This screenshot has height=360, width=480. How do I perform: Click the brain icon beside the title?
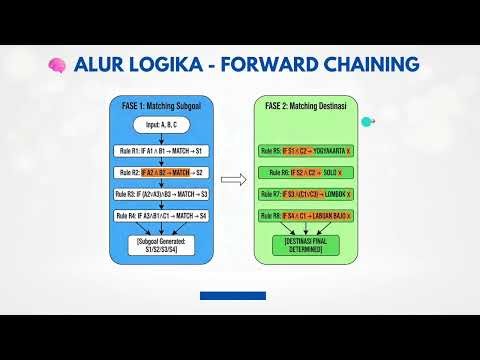click(56, 66)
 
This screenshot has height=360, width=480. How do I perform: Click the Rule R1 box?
click(162, 151)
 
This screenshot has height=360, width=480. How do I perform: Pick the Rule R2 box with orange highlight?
click(162, 172)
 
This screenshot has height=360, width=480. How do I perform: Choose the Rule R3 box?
click(162, 194)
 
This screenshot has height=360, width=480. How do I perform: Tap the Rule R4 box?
click(162, 215)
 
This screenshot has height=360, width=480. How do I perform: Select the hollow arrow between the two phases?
click(233, 181)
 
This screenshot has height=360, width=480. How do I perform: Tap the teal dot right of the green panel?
click(367, 122)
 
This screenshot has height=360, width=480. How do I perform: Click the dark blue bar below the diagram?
click(233, 296)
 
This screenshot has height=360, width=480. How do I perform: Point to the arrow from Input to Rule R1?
click(162, 139)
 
